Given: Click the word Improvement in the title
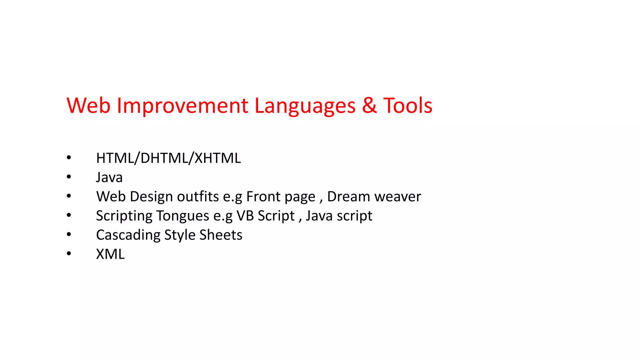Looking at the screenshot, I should point(182,106).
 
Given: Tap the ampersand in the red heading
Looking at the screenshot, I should point(369,106).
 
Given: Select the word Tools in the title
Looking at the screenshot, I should point(407,106).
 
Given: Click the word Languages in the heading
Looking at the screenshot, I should point(305,106).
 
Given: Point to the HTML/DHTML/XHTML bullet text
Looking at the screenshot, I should point(168,158).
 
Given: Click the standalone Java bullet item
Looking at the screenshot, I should point(109,177).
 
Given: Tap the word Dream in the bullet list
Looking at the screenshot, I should point(348,197).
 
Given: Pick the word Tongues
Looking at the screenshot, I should point(183,216).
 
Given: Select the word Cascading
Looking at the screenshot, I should point(128,235).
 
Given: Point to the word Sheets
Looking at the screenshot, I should point(221,235).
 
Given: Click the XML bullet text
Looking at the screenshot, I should point(110,254).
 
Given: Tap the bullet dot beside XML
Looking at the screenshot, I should point(69,253).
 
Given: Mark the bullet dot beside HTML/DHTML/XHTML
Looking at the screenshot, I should point(69,157).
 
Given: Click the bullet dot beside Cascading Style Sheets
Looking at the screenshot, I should point(69,234).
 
